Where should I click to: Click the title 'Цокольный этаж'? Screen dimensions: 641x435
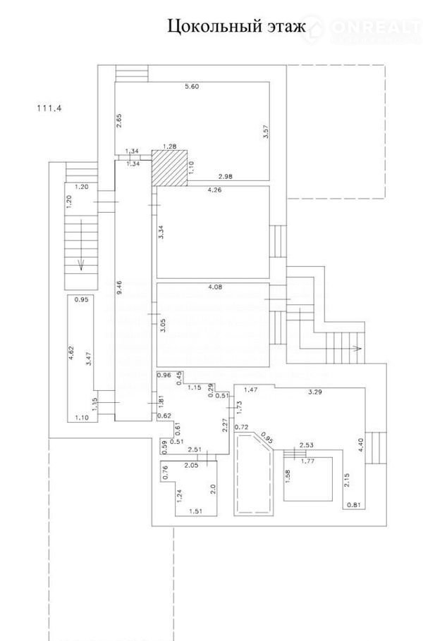236,27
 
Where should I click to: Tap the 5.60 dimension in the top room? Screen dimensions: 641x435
192,87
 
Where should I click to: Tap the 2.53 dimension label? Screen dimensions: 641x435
306,444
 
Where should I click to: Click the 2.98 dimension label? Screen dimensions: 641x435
226,175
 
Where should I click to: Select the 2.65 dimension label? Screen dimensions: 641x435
120,119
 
